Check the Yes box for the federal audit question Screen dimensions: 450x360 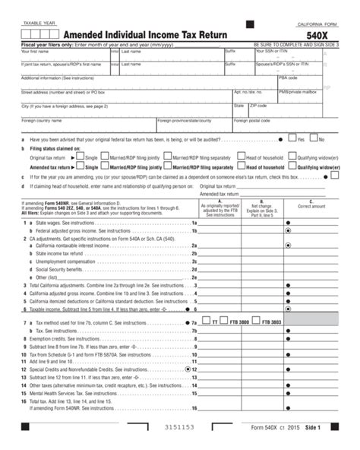[x=292, y=139]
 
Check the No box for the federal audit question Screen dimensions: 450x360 [x=313, y=139]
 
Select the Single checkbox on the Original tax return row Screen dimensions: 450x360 [x=81, y=157]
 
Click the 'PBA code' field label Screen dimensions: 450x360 [x=288, y=78]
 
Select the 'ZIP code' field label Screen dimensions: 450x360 [x=258, y=106]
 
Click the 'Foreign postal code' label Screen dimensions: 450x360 [x=251, y=120]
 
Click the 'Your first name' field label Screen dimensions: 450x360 [x=35, y=51]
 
